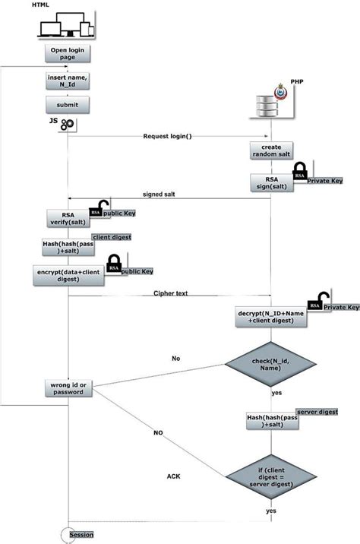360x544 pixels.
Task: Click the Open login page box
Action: point(68,55)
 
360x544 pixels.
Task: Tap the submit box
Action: point(68,105)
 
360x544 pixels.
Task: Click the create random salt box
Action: point(271,150)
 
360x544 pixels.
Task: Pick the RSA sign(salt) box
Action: point(271,182)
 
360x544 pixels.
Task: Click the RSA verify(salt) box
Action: point(68,219)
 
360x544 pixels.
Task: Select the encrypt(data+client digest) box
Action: point(68,275)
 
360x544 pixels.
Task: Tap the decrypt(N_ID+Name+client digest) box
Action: point(271,317)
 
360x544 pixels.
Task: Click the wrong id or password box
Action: point(68,388)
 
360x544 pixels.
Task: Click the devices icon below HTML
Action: point(65,28)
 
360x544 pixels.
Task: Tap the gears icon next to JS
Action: point(68,123)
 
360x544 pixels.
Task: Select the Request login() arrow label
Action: point(167,136)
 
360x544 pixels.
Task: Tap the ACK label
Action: point(173,476)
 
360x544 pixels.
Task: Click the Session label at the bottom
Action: point(81,535)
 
